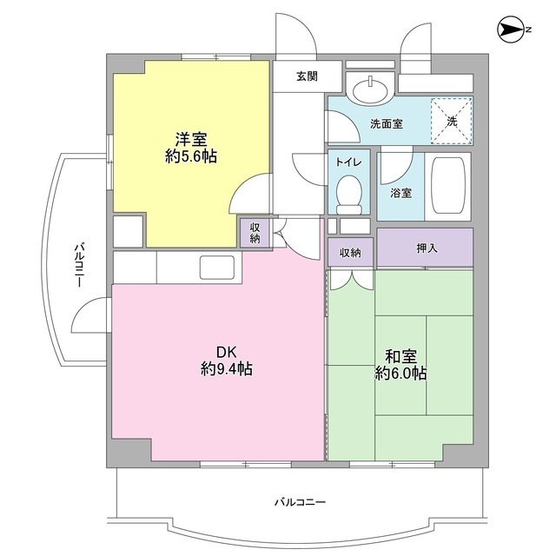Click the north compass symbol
[x=512, y=31]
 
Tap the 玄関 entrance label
[x=306, y=76]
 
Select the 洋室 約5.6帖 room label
[x=191, y=148]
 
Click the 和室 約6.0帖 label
[x=400, y=365]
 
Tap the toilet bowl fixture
[x=349, y=195]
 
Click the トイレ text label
[x=349, y=162]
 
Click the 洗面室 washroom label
[x=386, y=124]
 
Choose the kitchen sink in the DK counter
[x=218, y=267]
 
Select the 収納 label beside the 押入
[x=350, y=253]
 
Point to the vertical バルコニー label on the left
[x=78, y=266]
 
